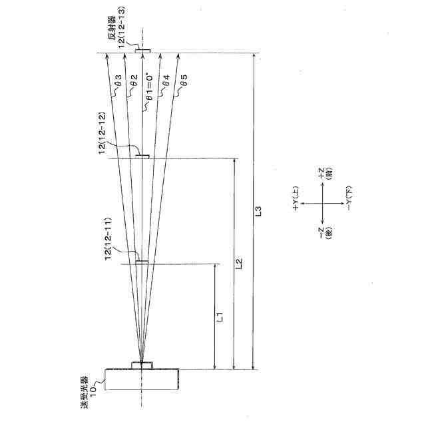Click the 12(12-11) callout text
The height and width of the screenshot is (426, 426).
click(107, 239)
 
